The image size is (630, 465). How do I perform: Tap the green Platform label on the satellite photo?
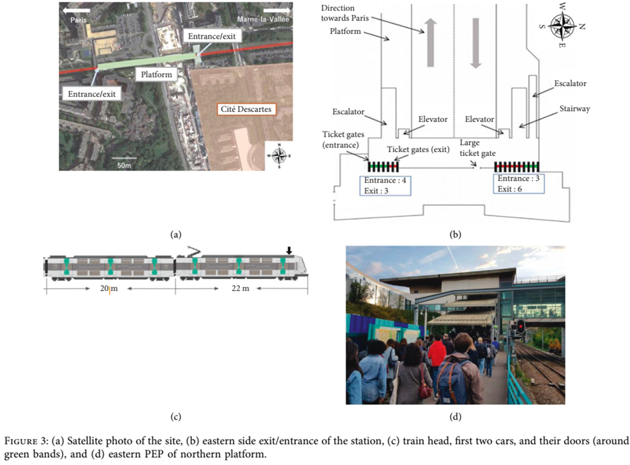click(x=157, y=74)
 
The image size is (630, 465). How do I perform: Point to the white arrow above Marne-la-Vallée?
click(x=277, y=11)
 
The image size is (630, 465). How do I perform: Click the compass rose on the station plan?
click(x=562, y=27)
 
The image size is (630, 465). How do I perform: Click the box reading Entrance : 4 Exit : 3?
click(x=385, y=185)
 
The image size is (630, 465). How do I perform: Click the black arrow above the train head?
click(x=289, y=250)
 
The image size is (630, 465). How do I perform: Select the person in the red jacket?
click(x=437, y=354)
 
